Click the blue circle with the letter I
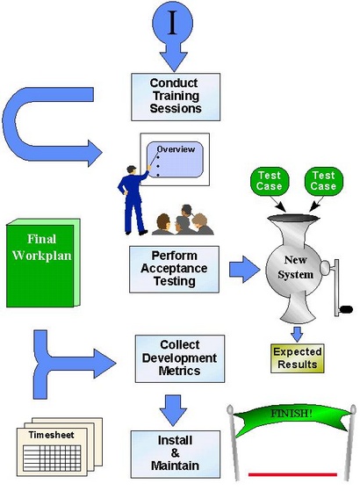pos(172,23)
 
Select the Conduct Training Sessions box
pos(176,97)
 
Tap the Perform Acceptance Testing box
pos(174,270)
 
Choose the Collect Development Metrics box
pos(180,358)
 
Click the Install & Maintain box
pos(176,454)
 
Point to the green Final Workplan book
pos(43,263)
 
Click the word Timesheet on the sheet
pos(51,435)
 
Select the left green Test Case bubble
pos(270,181)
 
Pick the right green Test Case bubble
pos(324,181)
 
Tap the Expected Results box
pos(297,358)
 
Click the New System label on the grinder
pos(295,267)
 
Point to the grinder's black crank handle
pos(346,309)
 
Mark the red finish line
pos(292,474)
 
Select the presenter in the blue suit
pos(133,199)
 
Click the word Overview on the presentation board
pos(176,149)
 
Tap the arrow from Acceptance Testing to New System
pos(244,270)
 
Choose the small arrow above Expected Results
pos(297,334)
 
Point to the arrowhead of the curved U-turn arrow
pos(95,153)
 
